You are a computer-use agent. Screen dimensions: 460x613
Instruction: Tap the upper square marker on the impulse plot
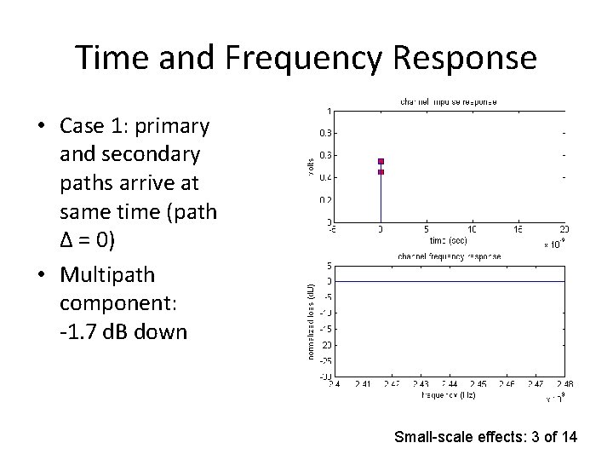381,161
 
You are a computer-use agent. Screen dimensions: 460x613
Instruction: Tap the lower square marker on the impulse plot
381,172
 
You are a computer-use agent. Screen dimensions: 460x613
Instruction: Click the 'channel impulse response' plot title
448,102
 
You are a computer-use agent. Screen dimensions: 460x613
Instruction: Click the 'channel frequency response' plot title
448,256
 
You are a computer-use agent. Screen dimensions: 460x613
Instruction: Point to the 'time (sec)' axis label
446,239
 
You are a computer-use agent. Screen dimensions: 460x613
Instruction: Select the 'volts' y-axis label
311,165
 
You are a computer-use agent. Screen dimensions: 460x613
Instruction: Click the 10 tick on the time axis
473,229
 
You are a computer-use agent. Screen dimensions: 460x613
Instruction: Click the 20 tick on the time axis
564,229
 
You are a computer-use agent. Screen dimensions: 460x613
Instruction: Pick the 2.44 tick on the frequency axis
450,384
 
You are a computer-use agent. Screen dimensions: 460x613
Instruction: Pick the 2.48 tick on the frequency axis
564,384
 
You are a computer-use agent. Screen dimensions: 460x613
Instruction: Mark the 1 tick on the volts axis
329,111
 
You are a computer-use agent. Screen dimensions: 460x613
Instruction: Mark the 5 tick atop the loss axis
329,266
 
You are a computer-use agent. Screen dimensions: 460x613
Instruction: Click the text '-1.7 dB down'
123,331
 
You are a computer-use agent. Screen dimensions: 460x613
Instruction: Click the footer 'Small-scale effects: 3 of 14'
485,437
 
